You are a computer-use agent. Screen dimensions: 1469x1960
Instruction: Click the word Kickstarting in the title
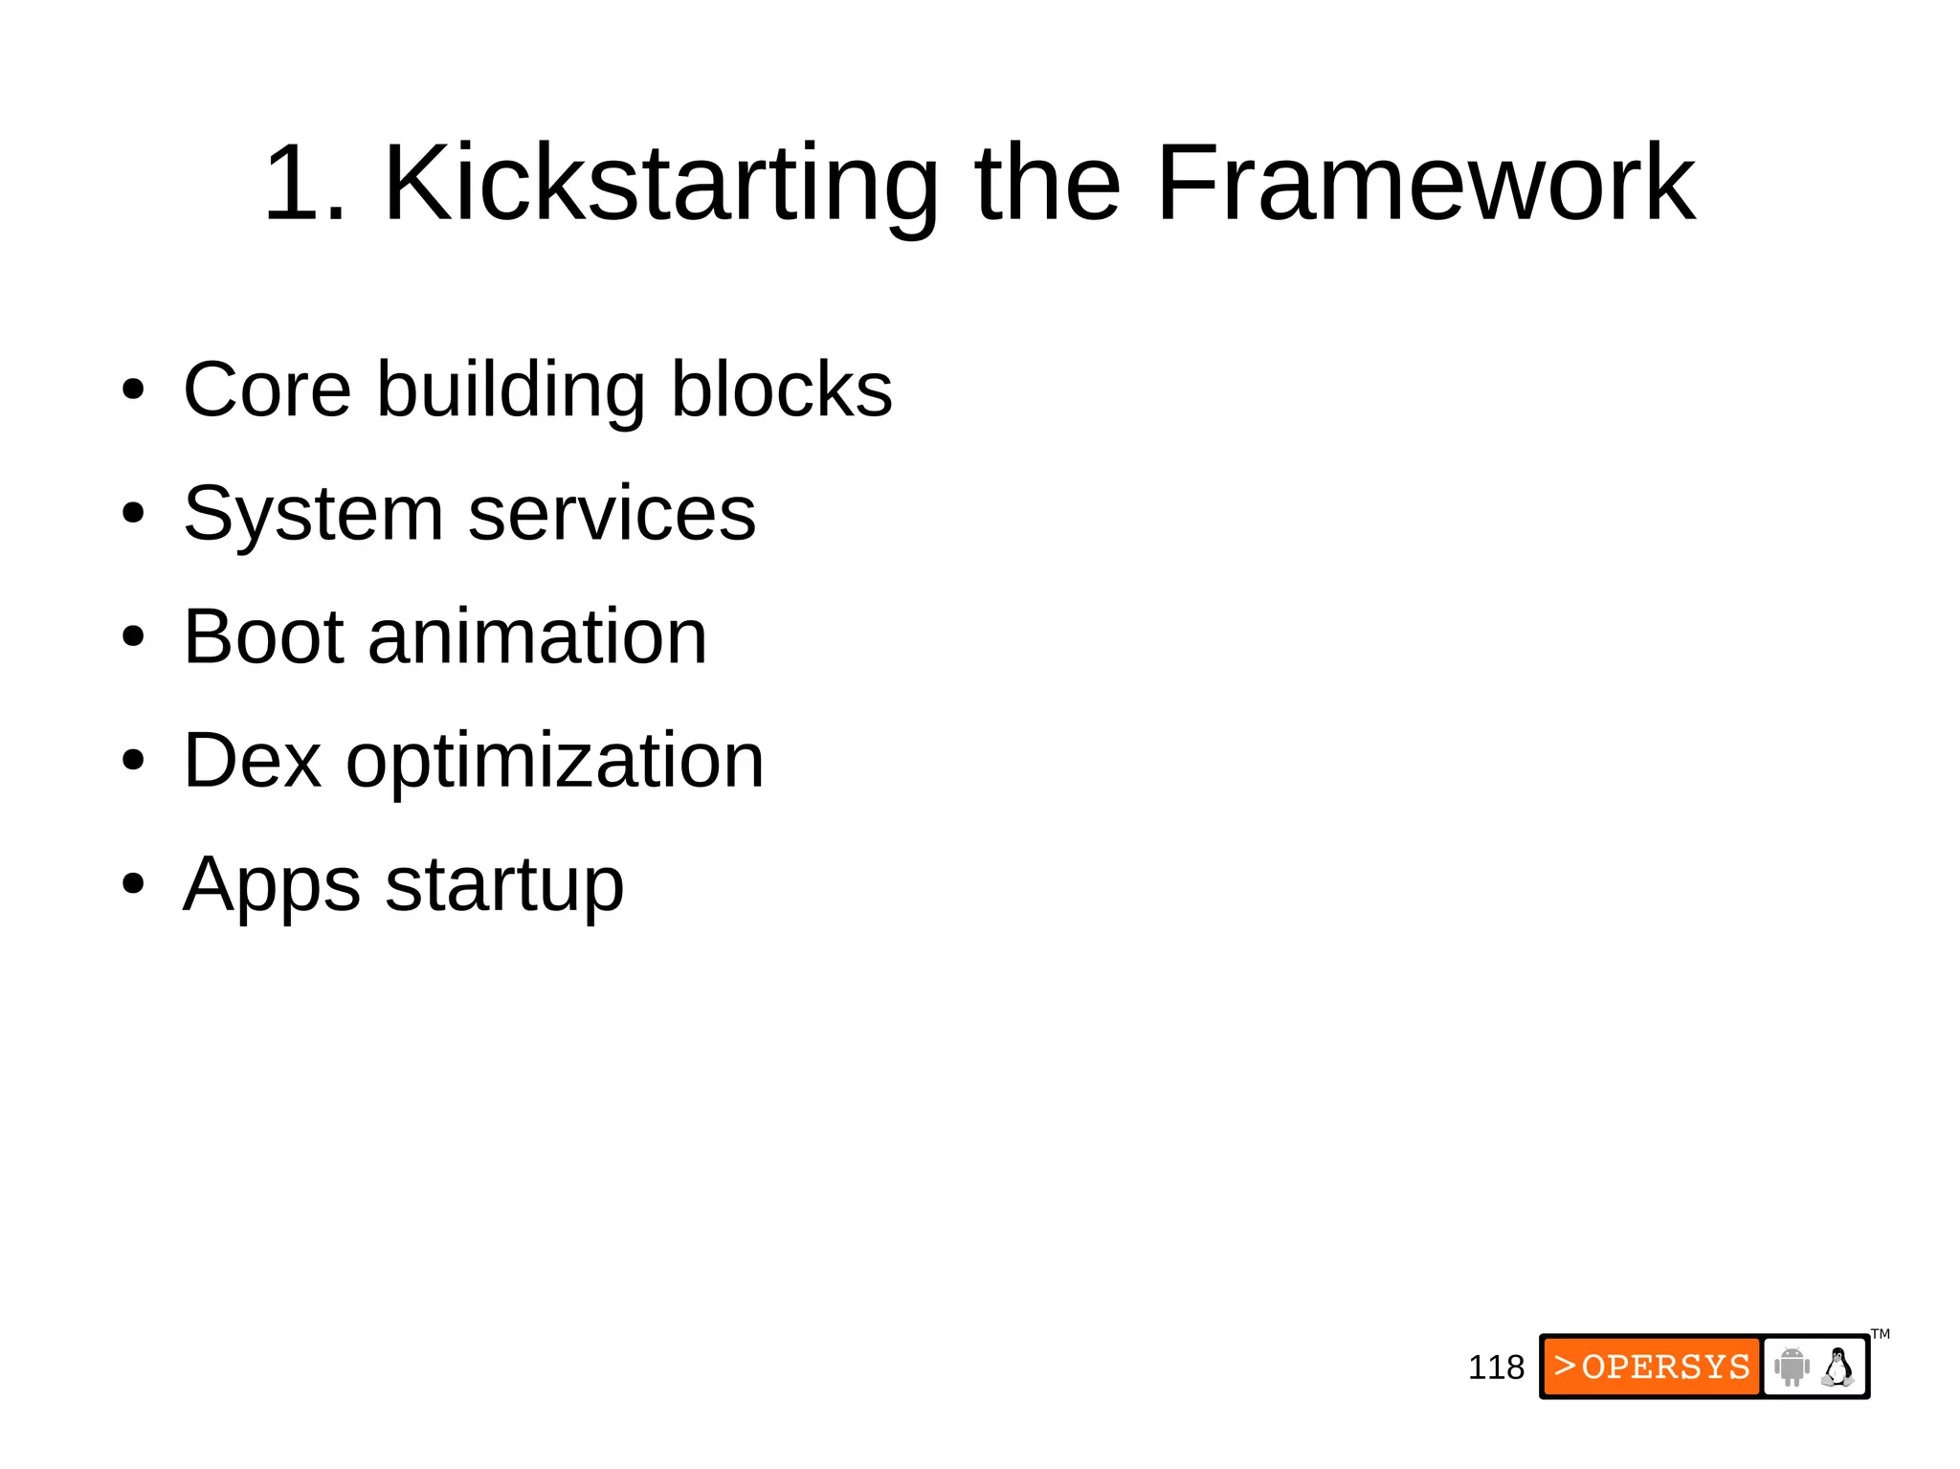click(x=660, y=184)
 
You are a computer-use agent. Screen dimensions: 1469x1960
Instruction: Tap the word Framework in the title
click(x=1425, y=184)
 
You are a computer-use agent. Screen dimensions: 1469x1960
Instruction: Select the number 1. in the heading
click(x=304, y=184)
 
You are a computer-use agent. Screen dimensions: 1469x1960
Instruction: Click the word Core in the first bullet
click(x=267, y=390)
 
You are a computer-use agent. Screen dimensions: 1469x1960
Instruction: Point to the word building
click(x=511, y=390)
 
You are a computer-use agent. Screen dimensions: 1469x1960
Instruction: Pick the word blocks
click(x=781, y=390)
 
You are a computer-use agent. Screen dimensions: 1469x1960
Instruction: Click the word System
click(x=312, y=514)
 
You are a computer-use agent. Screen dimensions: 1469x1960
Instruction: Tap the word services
click(x=612, y=514)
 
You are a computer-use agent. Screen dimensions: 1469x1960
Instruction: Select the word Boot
click(x=263, y=637)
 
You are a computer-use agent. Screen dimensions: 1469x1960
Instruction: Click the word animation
click(x=537, y=637)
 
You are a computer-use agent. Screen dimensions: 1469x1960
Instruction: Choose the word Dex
click(x=252, y=761)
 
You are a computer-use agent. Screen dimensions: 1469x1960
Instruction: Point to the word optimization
click(x=555, y=761)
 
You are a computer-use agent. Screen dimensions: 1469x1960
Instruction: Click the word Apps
click(x=272, y=885)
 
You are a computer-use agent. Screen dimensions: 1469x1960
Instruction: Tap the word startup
click(x=504, y=885)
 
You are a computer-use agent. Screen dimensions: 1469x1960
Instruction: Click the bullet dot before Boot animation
click(x=133, y=637)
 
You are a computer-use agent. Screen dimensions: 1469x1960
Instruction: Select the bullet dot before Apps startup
click(x=133, y=885)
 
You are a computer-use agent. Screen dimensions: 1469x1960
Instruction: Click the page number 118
click(x=1496, y=1368)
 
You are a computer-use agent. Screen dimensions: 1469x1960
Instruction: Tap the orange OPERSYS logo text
click(x=1652, y=1367)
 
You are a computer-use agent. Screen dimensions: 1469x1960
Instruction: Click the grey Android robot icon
click(x=1792, y=1367)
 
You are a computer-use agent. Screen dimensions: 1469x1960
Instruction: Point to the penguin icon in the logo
click(x=1837, y=1367)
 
